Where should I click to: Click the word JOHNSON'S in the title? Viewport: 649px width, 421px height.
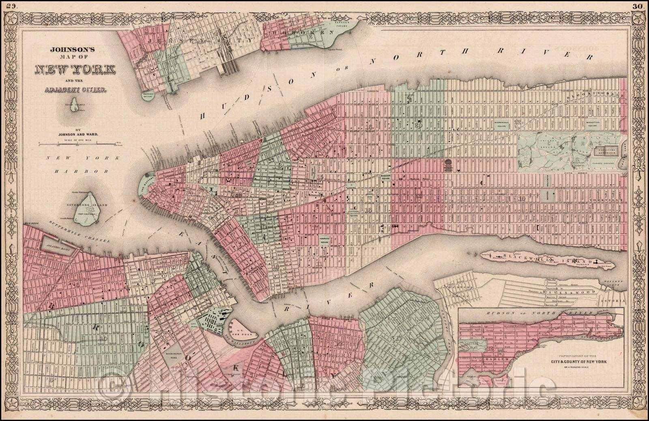pos(71,50)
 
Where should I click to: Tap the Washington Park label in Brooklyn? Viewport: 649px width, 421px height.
pos(175,357)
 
